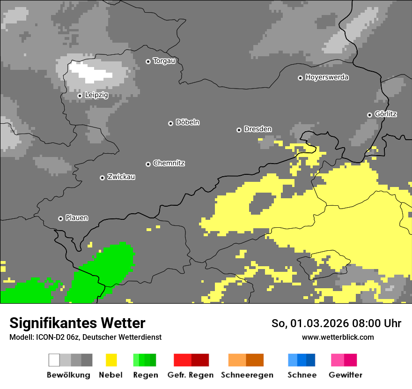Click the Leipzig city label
[x=96, y=95]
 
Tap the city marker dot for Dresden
[x=239, y=130]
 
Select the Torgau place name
[x=164, y=61]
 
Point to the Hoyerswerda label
[x=327, y=77]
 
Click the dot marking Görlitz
[x=369, y=115]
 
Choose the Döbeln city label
[x=187, y=122]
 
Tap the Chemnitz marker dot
[x=148, y=164]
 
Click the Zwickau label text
[x=121, y=177]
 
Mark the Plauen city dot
[x=60, y=218]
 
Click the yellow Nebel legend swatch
[x=111, y=360]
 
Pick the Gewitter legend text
[x=346, y=375]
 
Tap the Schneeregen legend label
[x=247, y=375]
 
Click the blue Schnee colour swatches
[x=302, y=360]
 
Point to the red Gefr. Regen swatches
[x=191, y=360]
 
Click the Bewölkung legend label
[x=68, y=375]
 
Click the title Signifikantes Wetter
[x=77, y=323]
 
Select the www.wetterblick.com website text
[x=338, y=337]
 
